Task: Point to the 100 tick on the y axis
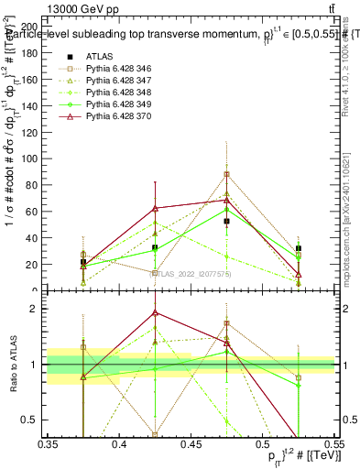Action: pyautogui.click(x=48, y=158)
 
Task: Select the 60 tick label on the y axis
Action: pyautogui.click(x=37, y=212)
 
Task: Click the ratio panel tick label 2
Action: pyautogui.click(x=38, y=309)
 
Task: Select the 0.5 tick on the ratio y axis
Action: pyautogui.click(x=48, y=420)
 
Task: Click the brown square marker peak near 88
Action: pyautogui.click(x=226, y=174)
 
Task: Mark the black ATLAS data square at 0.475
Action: pyautogui.click(x=226, y=222)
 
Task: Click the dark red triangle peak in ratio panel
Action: pyautogui.click(x=155, y=312)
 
